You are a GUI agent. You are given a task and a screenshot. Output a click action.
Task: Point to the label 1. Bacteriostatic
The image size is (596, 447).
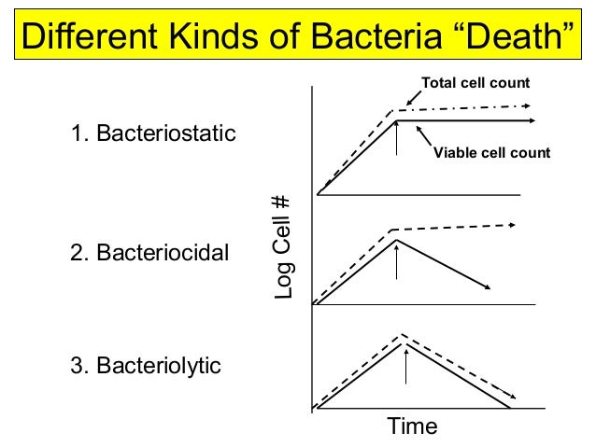154,135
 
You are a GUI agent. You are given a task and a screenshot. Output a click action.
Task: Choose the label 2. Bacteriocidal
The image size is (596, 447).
150,252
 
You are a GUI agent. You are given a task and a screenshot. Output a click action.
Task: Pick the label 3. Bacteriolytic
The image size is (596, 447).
147,365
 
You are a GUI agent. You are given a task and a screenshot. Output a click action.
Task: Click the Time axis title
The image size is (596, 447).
412,426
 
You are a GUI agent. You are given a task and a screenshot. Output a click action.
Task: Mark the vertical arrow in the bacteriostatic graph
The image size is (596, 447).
397,137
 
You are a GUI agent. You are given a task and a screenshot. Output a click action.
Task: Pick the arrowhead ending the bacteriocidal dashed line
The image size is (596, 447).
512,225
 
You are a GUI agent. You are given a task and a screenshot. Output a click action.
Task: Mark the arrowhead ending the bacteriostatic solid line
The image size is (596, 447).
531,121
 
